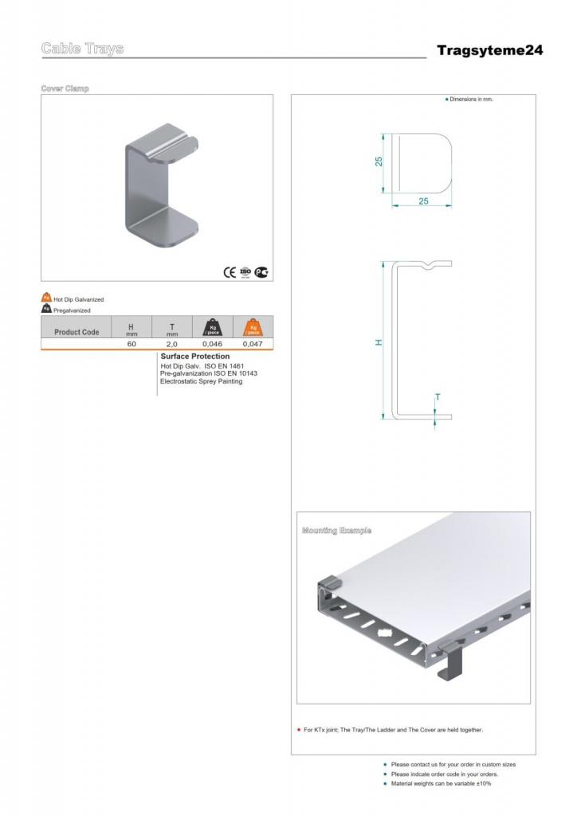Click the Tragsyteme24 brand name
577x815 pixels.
tap(489, 50)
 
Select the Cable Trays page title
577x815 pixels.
tap(82, 49)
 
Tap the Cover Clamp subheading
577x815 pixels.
tap(65, 88)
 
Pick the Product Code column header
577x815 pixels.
tap(77, 332)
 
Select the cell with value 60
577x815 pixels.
tap(131, 344)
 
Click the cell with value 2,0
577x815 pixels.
tap(171, 344)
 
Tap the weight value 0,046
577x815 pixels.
tap(212, 344)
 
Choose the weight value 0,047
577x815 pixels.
tap(253, 344)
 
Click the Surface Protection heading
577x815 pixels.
tap(194, 357)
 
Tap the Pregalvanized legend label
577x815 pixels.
tap(72, 310)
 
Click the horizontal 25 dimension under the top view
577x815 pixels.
tap(423, 201)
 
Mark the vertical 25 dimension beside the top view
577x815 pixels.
tap(379, 161)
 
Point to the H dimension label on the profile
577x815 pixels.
tap(379, 342)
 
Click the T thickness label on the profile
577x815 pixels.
tap(437, 396)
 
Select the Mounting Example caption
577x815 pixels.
tap(336, 530)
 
